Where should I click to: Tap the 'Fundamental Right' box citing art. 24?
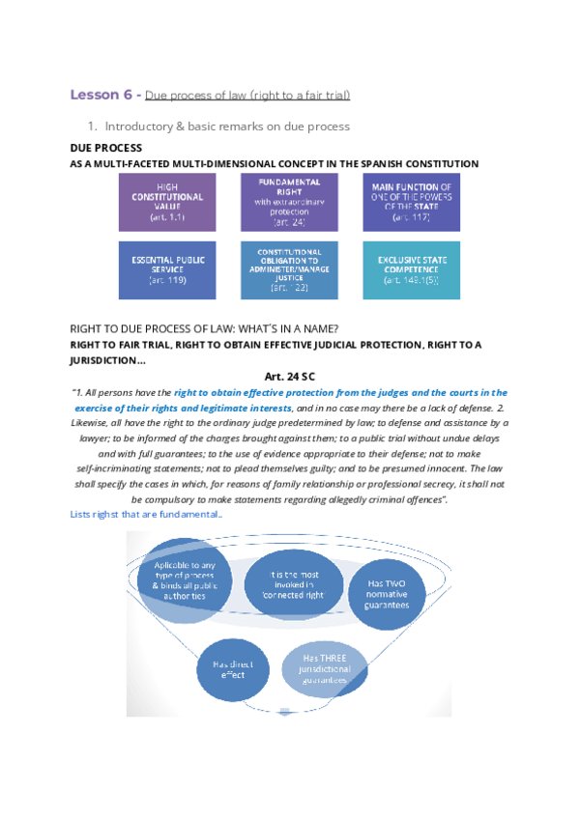point(290,202)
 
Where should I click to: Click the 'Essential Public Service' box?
point(166,268)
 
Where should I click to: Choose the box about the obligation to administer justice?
point(290,268)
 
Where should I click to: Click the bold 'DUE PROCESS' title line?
point(106,148)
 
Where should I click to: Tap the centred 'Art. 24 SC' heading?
point(289,377)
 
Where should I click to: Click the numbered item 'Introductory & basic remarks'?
point(227,127)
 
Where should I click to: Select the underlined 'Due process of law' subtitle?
point(247,95)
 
